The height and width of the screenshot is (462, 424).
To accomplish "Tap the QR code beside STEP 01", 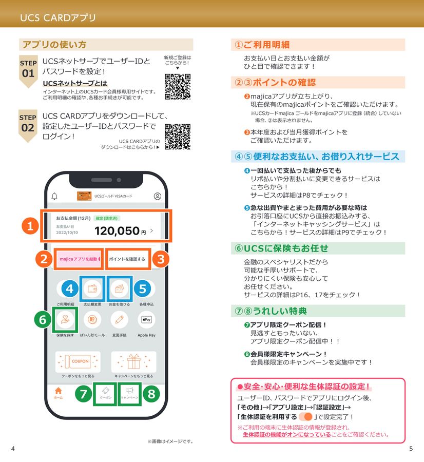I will click(177, 87).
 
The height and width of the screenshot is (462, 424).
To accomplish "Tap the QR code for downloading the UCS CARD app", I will click(177, 137).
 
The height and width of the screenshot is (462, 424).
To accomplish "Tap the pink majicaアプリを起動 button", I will click(79, 259).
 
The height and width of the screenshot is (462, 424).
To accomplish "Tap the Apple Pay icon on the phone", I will click(146, 320).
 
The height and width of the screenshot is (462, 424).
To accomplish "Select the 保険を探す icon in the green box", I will click(65, 320).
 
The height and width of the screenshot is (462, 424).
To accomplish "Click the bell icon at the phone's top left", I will click(55, 196).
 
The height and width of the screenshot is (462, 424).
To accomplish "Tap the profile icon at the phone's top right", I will click(157, 196).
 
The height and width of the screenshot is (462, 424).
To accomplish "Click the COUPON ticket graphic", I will click(78, 361).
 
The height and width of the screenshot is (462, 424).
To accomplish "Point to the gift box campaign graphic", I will click(133, 362).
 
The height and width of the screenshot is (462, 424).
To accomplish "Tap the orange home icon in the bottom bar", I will click(58, 392).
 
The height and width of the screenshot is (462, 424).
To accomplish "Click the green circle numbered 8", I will click(150, 394).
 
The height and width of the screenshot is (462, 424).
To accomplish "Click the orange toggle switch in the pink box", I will click(305, 416).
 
